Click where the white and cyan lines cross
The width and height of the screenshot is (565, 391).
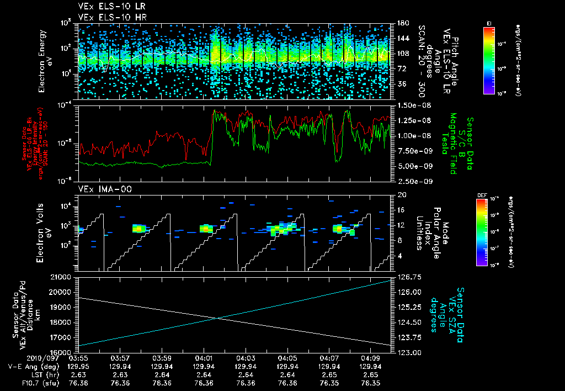pyautogui.click(x=216, y=318)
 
